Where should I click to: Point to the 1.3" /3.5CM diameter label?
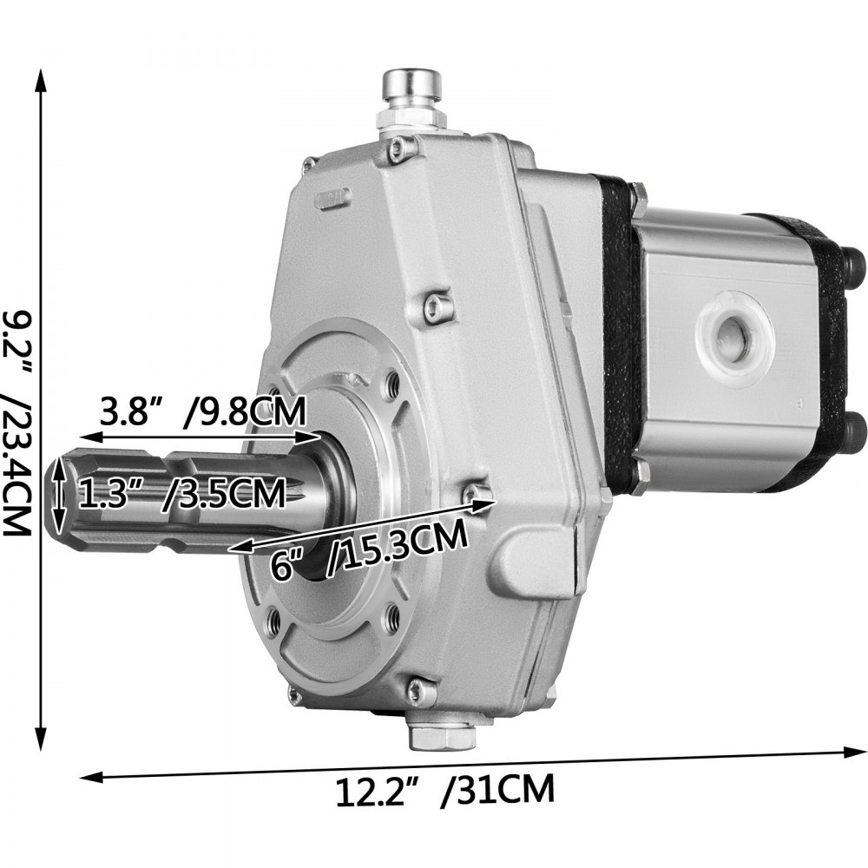pos(182,495)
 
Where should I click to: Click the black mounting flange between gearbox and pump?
pos(619,339)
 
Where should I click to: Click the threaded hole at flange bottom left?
pos(276,619)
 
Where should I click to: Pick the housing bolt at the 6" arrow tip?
pos(475,494)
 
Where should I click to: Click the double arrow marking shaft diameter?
pos(59,496)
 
